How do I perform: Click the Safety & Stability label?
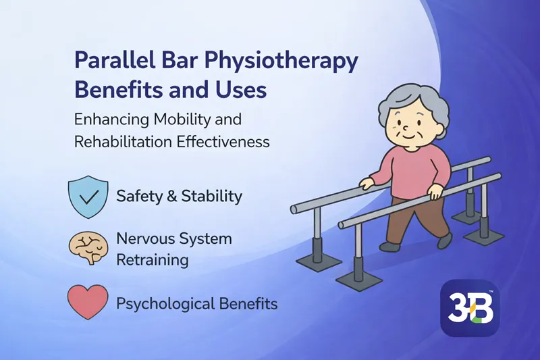[x=179, y=197]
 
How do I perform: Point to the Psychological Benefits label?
[x=196, y=303]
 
